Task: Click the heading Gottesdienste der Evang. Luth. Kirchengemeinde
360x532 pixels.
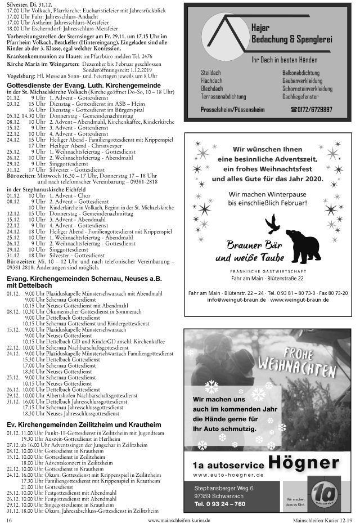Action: coord(83,84)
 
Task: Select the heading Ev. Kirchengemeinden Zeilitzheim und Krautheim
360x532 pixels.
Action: coord(84,424)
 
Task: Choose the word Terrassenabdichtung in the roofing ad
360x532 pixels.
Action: coord(223,97)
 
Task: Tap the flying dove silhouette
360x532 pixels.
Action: coord(273,223)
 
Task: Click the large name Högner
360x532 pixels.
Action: coord(304,464)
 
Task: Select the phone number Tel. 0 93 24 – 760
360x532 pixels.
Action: coord(220,504)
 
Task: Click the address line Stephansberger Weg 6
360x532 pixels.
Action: coord(223,488)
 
